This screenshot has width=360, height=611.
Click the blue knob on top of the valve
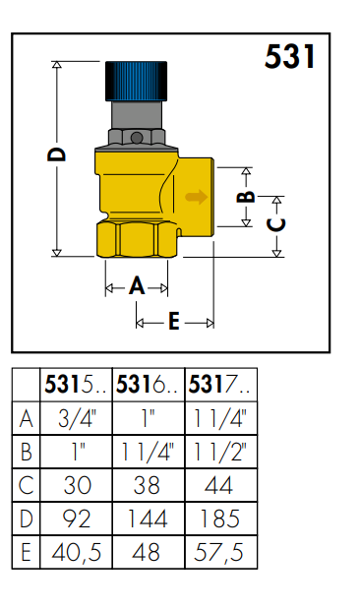pos(136,81)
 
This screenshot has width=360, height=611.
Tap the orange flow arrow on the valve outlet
pos(196,197)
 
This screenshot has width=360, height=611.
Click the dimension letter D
pos(57,153)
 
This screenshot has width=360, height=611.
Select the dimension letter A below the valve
pos(137,286)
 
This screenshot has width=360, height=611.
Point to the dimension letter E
pos(174,322)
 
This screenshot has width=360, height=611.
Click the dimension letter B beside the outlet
pos(246,197)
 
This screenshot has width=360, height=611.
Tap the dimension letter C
pos(276,225)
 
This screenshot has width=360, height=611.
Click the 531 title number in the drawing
pos(290,57)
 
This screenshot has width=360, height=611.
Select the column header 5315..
pos(76,385)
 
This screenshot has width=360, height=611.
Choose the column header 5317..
pos(220,385)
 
